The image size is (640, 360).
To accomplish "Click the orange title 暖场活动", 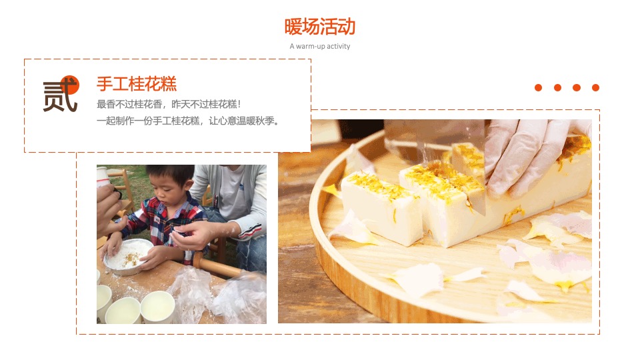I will point(320,27).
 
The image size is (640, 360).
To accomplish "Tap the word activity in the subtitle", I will point(338,47).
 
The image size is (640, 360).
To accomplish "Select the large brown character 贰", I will point(59,98).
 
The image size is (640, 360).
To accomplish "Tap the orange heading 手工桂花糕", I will point(137,84).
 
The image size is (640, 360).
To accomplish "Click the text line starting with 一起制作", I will point(187,121).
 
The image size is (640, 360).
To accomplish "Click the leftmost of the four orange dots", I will point(539,88).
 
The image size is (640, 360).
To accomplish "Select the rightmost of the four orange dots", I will point(595,88).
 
